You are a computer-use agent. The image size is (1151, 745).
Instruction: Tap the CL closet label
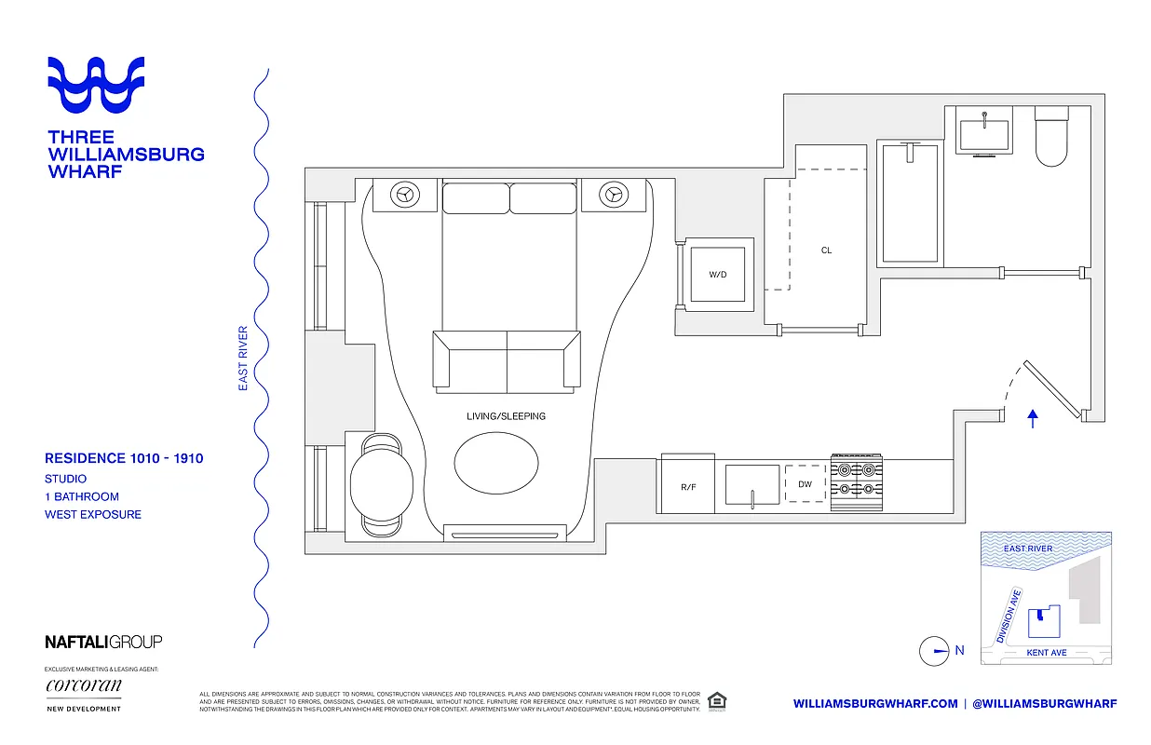(x=826, y=251)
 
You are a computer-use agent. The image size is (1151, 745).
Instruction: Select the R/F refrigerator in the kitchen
(x=687, y=487)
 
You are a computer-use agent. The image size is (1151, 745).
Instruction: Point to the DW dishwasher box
(x=805, y=484)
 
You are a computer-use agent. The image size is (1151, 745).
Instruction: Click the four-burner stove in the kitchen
(x=857, y=483)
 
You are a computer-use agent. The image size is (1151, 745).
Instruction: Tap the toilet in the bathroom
(x=1051, y=138)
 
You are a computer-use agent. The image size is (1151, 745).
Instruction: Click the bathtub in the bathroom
(x=911, y=202)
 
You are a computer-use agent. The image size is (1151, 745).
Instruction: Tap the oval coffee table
(x=496, y=461)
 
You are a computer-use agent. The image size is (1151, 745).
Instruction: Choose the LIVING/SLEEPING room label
(x=506, y=416)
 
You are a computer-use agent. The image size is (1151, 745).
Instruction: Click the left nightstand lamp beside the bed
(x=405, y=195)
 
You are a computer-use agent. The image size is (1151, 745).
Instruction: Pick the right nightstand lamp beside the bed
(x=613, y=195)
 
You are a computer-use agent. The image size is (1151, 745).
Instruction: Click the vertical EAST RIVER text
(x=243, y=358)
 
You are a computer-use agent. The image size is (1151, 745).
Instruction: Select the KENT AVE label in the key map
(x=1046, y=653)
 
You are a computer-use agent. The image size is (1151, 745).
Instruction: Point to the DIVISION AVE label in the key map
(x=1009, y=616)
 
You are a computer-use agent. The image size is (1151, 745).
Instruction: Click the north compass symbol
(x=934, y=651)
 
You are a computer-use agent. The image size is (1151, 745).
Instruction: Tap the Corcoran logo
(x=84, y=687)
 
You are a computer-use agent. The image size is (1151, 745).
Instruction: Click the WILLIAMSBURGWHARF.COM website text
(x=875, y=704)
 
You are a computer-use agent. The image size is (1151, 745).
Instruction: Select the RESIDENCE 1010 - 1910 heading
(x=124, y=458)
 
